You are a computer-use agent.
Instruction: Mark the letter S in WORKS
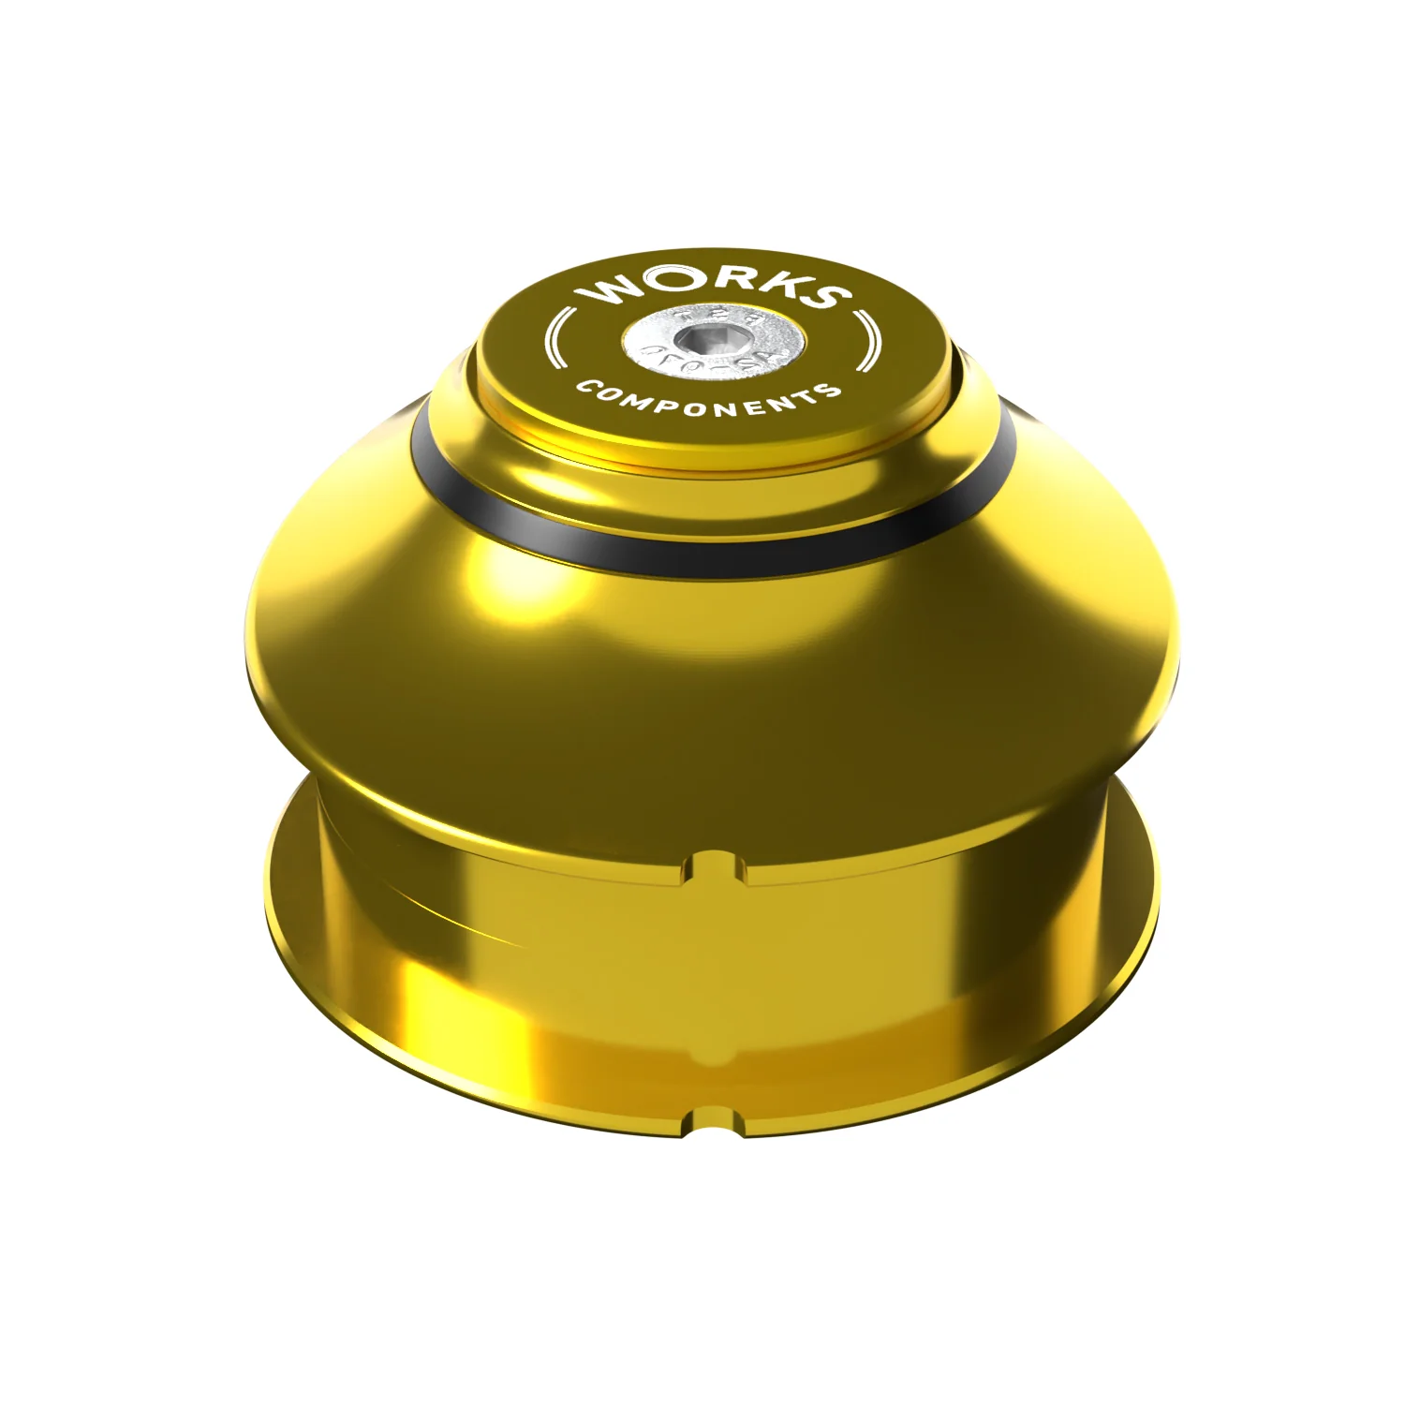pos(824,294)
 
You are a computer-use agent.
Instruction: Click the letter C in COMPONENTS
pos(587,385)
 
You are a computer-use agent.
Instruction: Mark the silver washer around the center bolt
pos(656,348)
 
